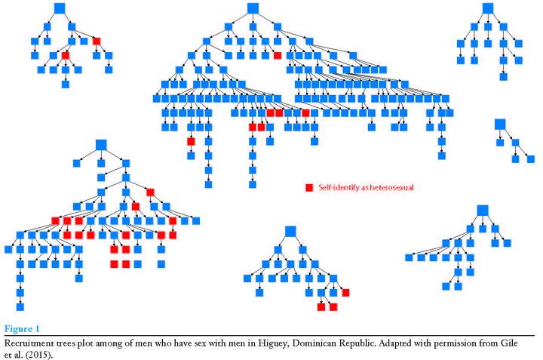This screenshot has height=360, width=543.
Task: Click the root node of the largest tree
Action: [x=253, y=8]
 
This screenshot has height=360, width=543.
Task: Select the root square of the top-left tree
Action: [x=60, y=8]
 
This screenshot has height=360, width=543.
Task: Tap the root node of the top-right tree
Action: [x=488, y=8]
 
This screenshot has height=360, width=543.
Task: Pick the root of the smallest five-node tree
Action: [x=500, y=125]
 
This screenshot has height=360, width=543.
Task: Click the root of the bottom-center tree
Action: [x=290, y=232]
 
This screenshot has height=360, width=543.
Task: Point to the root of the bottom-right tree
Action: [x=483, y=211]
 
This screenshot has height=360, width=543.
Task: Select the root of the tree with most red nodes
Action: [x=101, y=145]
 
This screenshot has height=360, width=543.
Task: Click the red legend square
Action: [x=309, y=188]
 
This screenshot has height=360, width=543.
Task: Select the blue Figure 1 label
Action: [x=22, y=329]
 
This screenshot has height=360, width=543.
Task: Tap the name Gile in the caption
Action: [x=509, y=343]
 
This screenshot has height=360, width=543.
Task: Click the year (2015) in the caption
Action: [x=38, y=355]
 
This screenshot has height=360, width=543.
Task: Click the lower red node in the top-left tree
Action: [x=66, y=55]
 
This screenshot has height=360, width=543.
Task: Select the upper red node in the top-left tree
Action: [x=97, y=42]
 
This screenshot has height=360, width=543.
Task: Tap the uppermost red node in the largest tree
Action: [x=278, y=55]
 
